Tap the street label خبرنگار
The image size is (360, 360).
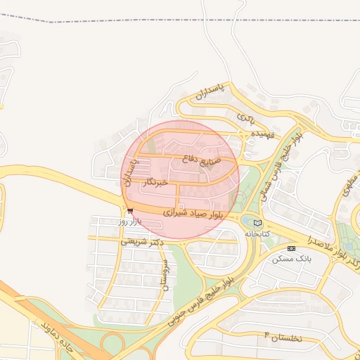point(155,183)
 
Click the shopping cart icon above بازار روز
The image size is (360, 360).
point(130,211)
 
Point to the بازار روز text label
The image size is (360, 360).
point(130,221)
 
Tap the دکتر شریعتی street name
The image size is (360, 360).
point(142,241)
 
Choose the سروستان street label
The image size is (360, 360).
point(166,275)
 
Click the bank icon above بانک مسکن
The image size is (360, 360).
point(292,248)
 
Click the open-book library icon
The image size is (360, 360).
point(256,222)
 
